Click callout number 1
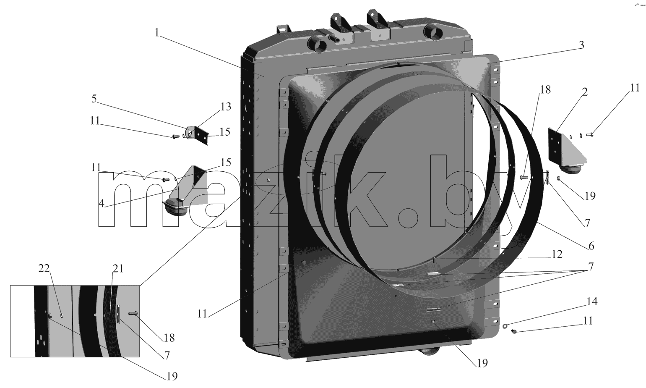point(157,33)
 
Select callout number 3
point(581,45)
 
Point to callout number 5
point(94,99)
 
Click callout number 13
point(226,107)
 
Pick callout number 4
point(101,204)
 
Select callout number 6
point(591,246)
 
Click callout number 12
point(557,254)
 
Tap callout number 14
point(592,301)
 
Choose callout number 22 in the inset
point(44,268)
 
